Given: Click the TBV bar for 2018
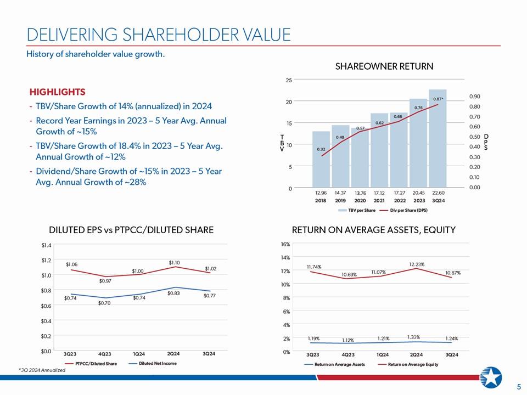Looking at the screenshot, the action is click(x=321, y=159).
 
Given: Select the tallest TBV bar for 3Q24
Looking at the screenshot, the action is click(x=438, y=138).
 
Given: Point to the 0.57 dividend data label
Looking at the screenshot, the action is click(x=360, y=128).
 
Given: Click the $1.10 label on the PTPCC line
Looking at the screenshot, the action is click(x=174, y=262).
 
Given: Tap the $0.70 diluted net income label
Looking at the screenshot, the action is click(x=104, y=303).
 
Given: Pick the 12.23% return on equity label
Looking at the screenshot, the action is click(x=417, y=264).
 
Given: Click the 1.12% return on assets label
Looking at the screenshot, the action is click(x=347, y=340).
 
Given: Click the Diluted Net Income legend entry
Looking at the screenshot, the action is click(x=153, y=363).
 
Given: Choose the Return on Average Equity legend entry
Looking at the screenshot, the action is click(x=408, y=364).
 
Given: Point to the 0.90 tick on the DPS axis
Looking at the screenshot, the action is click(x=474, y=97).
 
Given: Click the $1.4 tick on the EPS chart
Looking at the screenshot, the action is click(x=46, y=245).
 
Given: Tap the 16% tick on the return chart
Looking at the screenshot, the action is click(x=285, y=244).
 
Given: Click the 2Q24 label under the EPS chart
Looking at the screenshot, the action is click(x=173, y=354).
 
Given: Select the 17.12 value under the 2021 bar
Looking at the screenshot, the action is click(x=379, y=193).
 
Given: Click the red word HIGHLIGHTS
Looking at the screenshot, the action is click(x=58, y=92).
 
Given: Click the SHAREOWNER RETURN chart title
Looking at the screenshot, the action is click(x=384, y=66).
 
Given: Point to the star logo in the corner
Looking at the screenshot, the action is click(x=491, y=377).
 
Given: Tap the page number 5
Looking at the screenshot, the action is click(x=519, y=386).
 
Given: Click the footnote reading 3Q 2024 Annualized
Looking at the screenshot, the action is click(x=42, y=370).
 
